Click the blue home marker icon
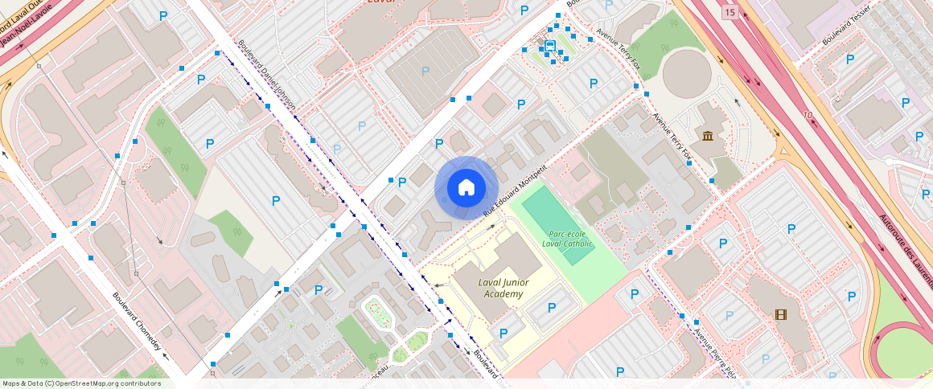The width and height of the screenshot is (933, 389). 466,188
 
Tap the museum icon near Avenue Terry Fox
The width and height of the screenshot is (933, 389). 707,135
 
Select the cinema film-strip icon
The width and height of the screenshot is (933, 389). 780,314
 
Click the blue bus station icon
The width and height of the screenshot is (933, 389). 550,47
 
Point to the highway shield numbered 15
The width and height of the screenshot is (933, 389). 729,11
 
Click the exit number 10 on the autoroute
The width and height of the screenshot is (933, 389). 807,116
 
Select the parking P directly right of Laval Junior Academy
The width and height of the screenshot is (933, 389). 552,308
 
